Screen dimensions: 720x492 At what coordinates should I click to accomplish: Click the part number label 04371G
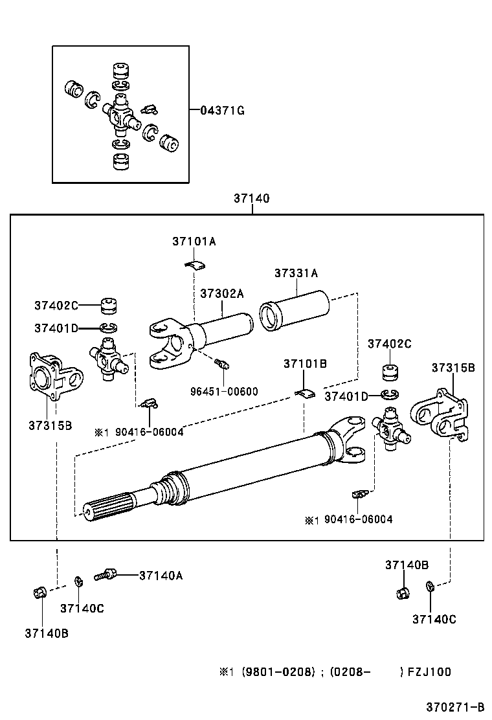click(221, 111)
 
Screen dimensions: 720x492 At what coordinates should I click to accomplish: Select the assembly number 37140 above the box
click(251, 199)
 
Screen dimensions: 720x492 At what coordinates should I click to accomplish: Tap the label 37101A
click(194, 242)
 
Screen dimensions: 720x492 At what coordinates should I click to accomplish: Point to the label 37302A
click(221, 293)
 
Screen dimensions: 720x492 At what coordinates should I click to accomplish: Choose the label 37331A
click(296, 273)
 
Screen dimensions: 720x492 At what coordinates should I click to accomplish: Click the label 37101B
click(304, 364)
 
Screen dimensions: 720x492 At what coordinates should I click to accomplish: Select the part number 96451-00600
click(224, 391)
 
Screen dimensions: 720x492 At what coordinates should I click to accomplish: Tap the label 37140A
click(161, 575)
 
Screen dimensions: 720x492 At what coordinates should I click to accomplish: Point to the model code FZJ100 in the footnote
click(429, 671)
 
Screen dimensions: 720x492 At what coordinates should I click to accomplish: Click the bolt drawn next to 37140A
click(105, 574)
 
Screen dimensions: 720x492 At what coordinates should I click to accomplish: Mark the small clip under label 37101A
click(193, 263)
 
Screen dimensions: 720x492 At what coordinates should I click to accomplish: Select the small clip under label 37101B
click(304, 392)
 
